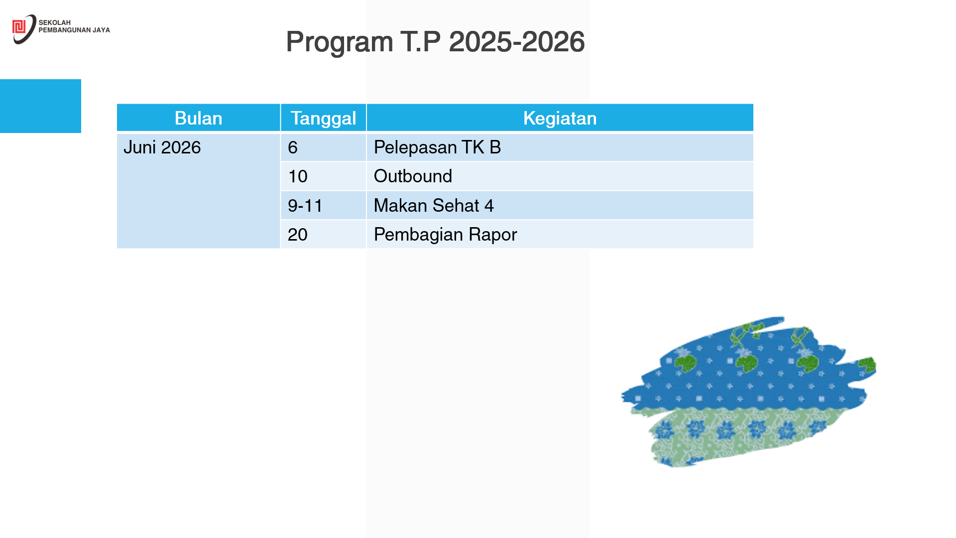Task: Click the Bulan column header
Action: click(x=198, y=118)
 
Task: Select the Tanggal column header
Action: click(x=323, y=119)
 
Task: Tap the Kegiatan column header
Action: click(x=560, y=119)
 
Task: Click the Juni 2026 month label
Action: click(x=162, y=147)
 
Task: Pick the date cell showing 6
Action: click(x=293, y=147)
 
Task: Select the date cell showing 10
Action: click(x=298, y=176)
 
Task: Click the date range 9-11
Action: click(x=305, y=205)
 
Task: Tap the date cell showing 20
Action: click(x=298, y=235)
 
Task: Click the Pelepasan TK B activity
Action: click(x=437, y=147)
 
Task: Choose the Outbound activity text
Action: click(x=413, y=176)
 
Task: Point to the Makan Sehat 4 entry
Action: click(x=434, y=205)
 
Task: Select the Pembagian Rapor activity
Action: click(x=445, y=235)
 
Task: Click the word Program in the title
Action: click(x=339, y=42)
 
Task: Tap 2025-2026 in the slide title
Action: click(x=516, y=41)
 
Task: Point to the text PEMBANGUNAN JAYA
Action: click(x=74, y=30)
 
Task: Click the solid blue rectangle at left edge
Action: click(x=40, y=106)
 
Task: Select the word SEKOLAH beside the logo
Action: click(x=55, y=22)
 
